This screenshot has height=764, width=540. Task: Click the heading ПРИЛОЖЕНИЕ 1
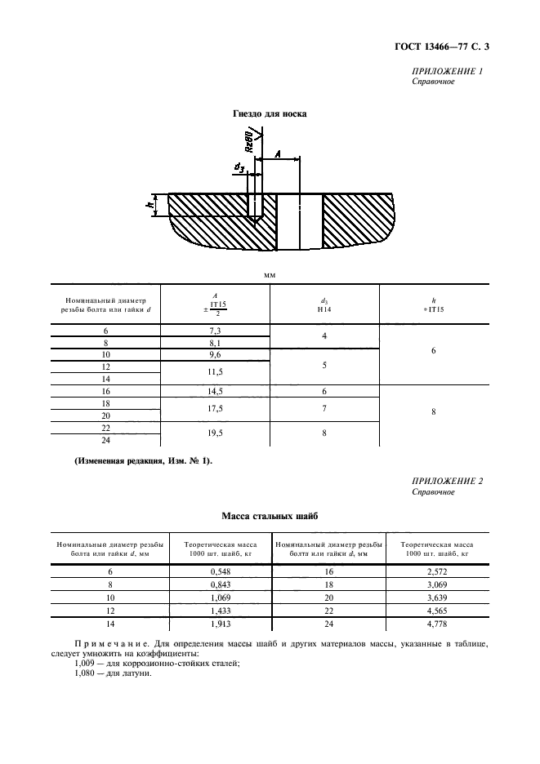pyautogui.click(x=448, y=71)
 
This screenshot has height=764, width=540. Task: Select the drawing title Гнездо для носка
pyautogui.click(x=270, y=114)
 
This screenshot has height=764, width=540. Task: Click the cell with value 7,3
pyautogui.click(x=216, y=331)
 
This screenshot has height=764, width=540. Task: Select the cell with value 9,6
pyautogui.click(x=216, y=356)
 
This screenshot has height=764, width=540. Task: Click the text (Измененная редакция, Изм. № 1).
pyautogui.click(x=143, y=462)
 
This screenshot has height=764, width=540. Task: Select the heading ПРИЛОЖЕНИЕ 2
pyautogui.click(x=448, y=481)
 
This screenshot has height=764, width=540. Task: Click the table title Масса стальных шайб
pyautogui.click(x=270, y=517)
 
